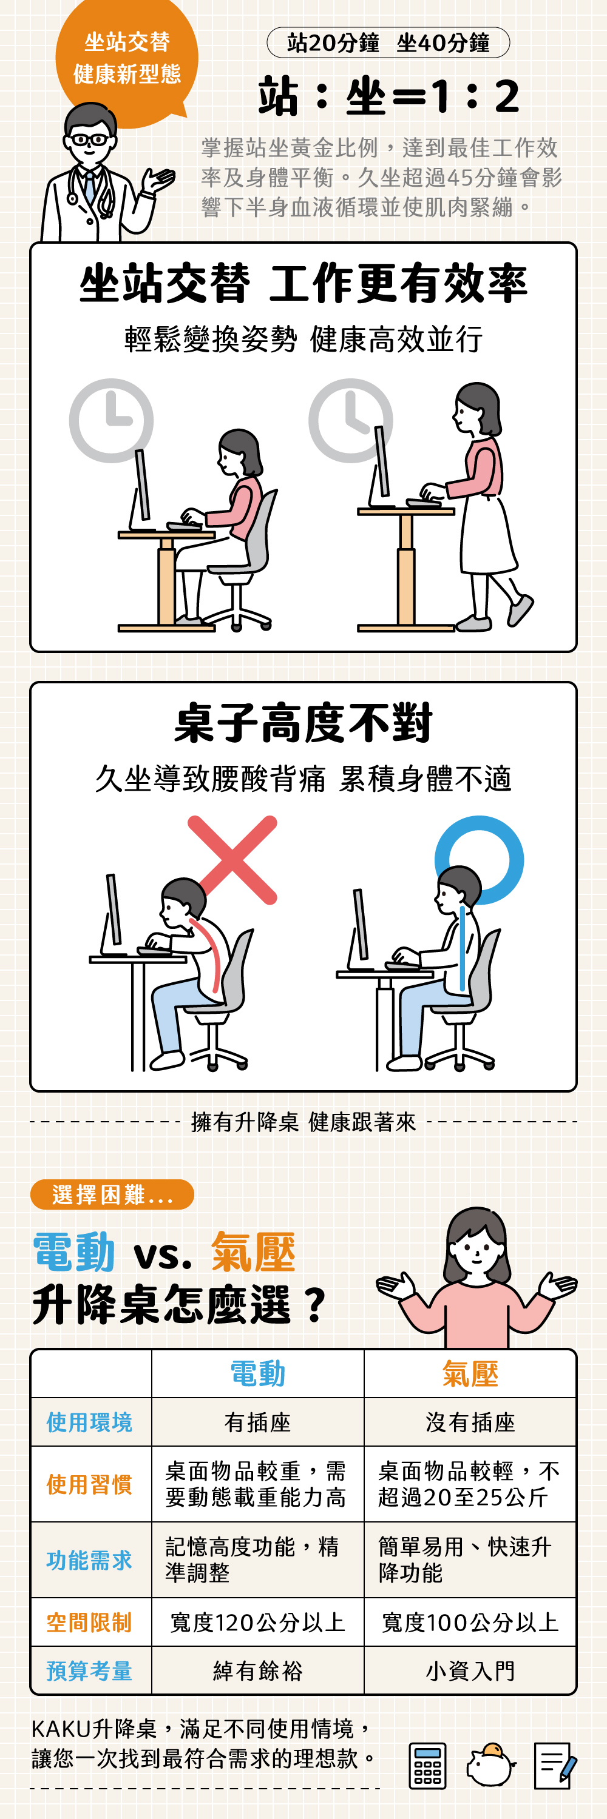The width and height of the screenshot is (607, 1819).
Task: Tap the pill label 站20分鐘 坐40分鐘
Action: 388,42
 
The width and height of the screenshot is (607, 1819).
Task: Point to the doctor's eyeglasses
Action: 90,139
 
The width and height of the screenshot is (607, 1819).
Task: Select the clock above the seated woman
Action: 111,421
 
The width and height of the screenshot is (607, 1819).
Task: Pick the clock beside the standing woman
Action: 350,421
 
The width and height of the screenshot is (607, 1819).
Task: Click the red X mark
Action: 232,860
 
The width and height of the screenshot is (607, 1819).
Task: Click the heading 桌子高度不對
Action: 303,723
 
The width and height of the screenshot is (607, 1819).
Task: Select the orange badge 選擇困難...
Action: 112,1194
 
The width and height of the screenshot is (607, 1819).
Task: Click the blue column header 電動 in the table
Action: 258,1374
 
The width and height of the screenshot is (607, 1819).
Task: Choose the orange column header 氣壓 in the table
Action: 470,1374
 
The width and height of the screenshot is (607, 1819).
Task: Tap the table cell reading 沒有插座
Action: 470,1422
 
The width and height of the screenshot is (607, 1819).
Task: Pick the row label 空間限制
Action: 90,1623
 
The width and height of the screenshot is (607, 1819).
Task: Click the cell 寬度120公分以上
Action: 258,1623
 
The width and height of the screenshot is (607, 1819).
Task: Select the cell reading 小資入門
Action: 470,1670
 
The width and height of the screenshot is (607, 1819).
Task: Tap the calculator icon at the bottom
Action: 427,1765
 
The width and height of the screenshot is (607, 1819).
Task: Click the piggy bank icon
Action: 490,1764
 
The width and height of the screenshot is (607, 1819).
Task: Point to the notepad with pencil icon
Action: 555,1765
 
